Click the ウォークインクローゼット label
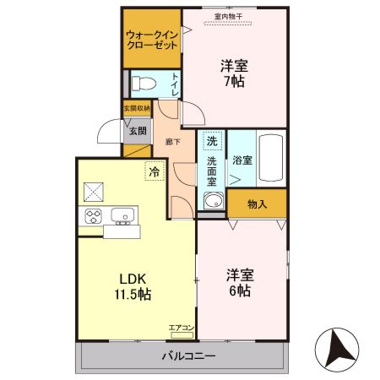[151, 40]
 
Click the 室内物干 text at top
[227, 14]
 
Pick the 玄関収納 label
[136, 109]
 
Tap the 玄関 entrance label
[138, 131]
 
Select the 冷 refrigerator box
[155, 171]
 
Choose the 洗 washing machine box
[213, 140]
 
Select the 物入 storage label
[258, 204]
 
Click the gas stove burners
[92, 216]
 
